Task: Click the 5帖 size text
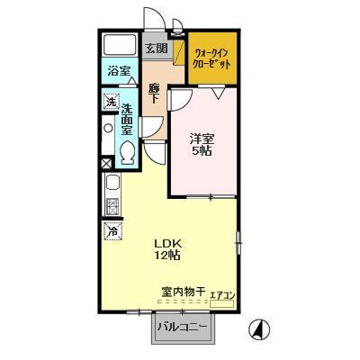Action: click(x=201, y=151)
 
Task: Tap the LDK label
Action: click(x=167, y=242)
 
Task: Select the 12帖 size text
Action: click(x=167, y=256)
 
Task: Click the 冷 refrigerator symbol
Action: click(x=112, y=230)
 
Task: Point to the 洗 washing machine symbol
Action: click(x=111, y=102)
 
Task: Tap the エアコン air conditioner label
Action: click(x=222, y=293)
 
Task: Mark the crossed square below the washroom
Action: click(x=108, y=164)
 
